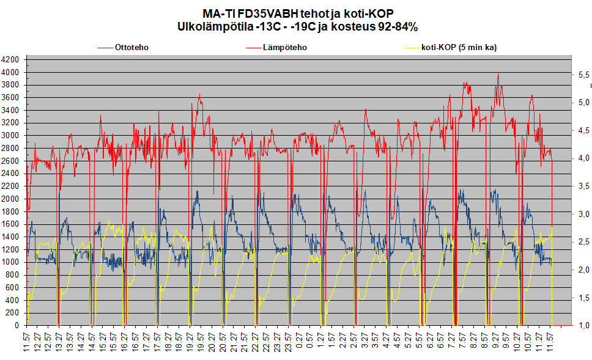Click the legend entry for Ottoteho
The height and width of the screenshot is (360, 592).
(x=123, y=48)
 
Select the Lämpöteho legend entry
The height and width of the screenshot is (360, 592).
(x=276, y=48)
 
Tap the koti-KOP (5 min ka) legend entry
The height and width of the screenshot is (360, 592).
(x=450, y=48)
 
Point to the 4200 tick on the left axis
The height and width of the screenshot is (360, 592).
(x=10, y=60)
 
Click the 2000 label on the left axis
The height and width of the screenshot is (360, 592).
(x=10, y=199)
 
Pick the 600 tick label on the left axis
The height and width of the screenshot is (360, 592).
(x=12, y=287)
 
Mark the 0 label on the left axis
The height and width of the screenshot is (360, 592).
(x=17, y=325)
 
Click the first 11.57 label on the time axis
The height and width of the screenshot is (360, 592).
(x=26, y=342)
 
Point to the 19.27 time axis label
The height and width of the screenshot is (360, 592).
(x=190, y=342)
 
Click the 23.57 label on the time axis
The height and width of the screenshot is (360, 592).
(x=289, y=342)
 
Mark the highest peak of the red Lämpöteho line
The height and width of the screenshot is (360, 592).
(x=498, y=74)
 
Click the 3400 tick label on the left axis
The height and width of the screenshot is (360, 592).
(x=10, y=110)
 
